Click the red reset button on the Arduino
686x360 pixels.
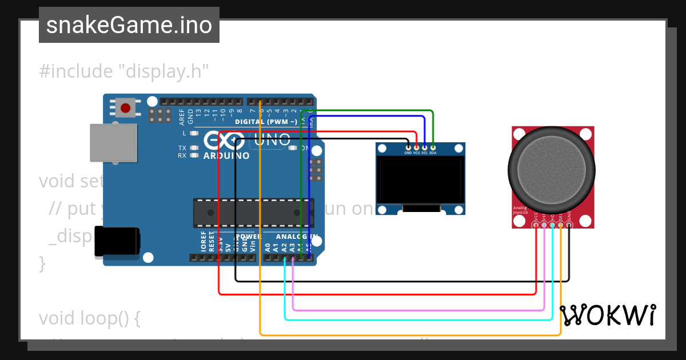[x=125, y=107]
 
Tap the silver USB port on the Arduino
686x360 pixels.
[x=114, y=143]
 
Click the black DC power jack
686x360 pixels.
[x=117, y=241]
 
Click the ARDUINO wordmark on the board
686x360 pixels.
[x=226, y=155]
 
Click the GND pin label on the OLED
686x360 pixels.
[x=408, y=153]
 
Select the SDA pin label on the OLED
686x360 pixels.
[x=433, y=153]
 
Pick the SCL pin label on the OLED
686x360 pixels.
[x=425, y=153]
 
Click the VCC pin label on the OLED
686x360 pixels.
[x=417, y=153]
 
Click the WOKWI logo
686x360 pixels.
[x=607, y=315]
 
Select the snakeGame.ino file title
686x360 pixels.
[x=129, y=25]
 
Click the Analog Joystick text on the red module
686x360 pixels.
[x=520, y=210]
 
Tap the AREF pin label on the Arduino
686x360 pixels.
[x=182, y=117]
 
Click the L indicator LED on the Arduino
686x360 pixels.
[x=194, y=133]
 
